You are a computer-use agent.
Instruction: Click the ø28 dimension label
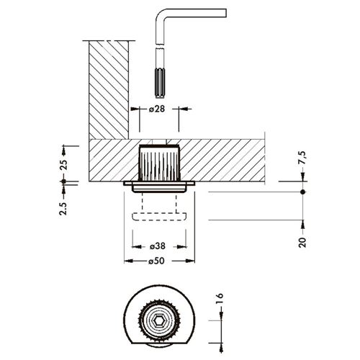[x=157, y=109]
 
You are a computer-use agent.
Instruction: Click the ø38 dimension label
[x=157, y=246]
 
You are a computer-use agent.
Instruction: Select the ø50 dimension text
[x=156, y=261]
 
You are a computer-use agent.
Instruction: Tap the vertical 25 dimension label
[x=63, y=164]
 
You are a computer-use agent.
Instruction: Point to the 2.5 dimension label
[x=63, y=209]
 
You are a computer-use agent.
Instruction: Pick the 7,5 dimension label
[x=302, y=158]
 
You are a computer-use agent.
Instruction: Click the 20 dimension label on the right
[x=302, y=243]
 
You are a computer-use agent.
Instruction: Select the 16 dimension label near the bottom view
[x=220, y=299]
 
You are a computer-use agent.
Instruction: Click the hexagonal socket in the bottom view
[x=159, y=320]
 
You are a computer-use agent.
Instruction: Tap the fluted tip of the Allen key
[x=160, y=83]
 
